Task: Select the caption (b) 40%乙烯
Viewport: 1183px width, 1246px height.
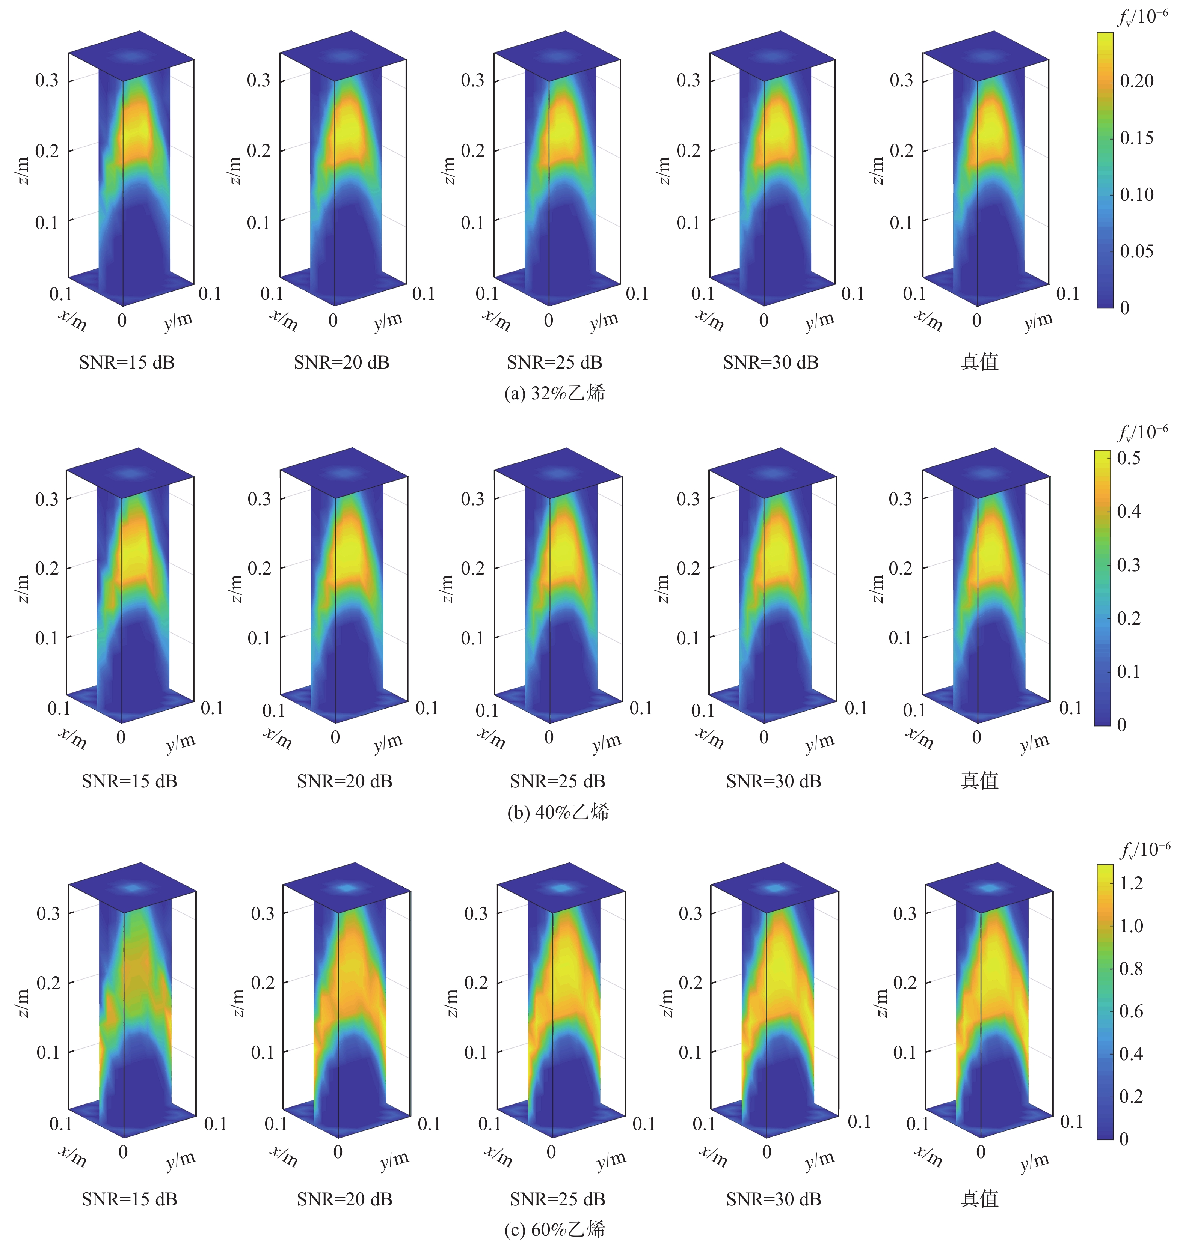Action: (x=558, y=812)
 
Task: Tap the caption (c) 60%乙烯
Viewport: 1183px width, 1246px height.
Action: (x=555, y=1229)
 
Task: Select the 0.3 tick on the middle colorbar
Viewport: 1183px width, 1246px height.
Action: (x=1129, y=565)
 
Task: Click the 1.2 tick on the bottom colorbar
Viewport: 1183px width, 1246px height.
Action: (x=1131, y=883)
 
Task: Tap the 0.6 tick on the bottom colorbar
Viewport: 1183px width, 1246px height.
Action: (x=1131, y=1011)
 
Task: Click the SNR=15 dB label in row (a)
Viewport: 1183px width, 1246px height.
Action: (x=127, y=363)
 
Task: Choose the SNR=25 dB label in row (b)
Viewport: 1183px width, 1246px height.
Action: (x=557, y=781)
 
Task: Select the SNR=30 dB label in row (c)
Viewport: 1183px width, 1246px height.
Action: (x=774, y=1199)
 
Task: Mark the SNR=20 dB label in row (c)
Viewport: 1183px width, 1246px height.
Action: (x=344, y=1199)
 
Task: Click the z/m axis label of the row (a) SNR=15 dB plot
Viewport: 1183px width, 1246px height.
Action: (x=23, y=171)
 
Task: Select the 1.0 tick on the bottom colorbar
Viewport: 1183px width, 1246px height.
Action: (x=1131, y=926)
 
